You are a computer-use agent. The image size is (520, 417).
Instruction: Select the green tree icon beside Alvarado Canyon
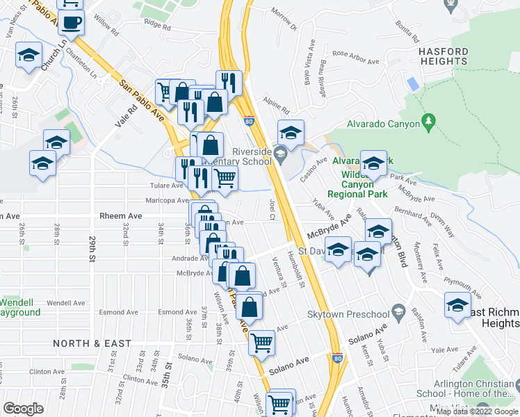(x=429, y=123)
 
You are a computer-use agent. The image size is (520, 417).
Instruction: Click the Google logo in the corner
(x=23, y=409)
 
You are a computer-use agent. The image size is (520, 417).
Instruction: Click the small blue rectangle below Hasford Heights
(x=413, y=84)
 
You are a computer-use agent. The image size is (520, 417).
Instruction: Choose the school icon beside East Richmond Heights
(x=457, y=306)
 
